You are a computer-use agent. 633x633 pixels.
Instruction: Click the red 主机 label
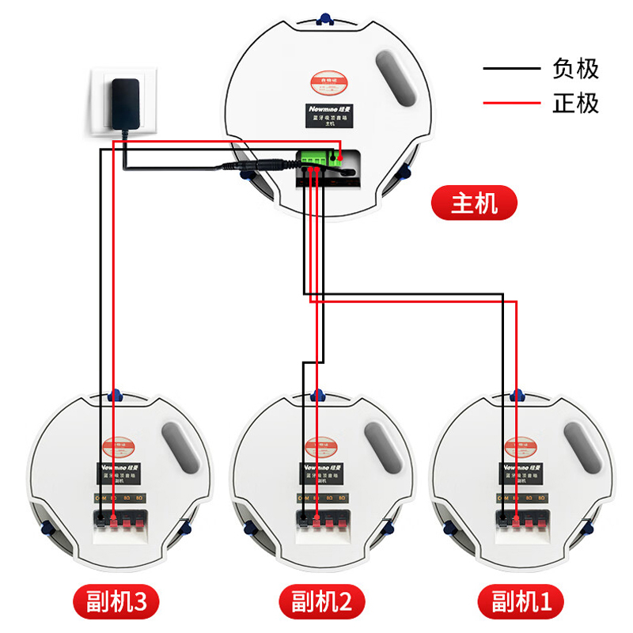474,205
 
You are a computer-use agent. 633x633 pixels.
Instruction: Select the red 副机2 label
316,603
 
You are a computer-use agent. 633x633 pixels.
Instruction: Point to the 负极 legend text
575,70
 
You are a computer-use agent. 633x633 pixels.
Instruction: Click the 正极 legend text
575,104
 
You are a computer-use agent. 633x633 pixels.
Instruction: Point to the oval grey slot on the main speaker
395,79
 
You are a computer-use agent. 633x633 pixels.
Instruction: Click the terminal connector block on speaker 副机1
522,520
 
